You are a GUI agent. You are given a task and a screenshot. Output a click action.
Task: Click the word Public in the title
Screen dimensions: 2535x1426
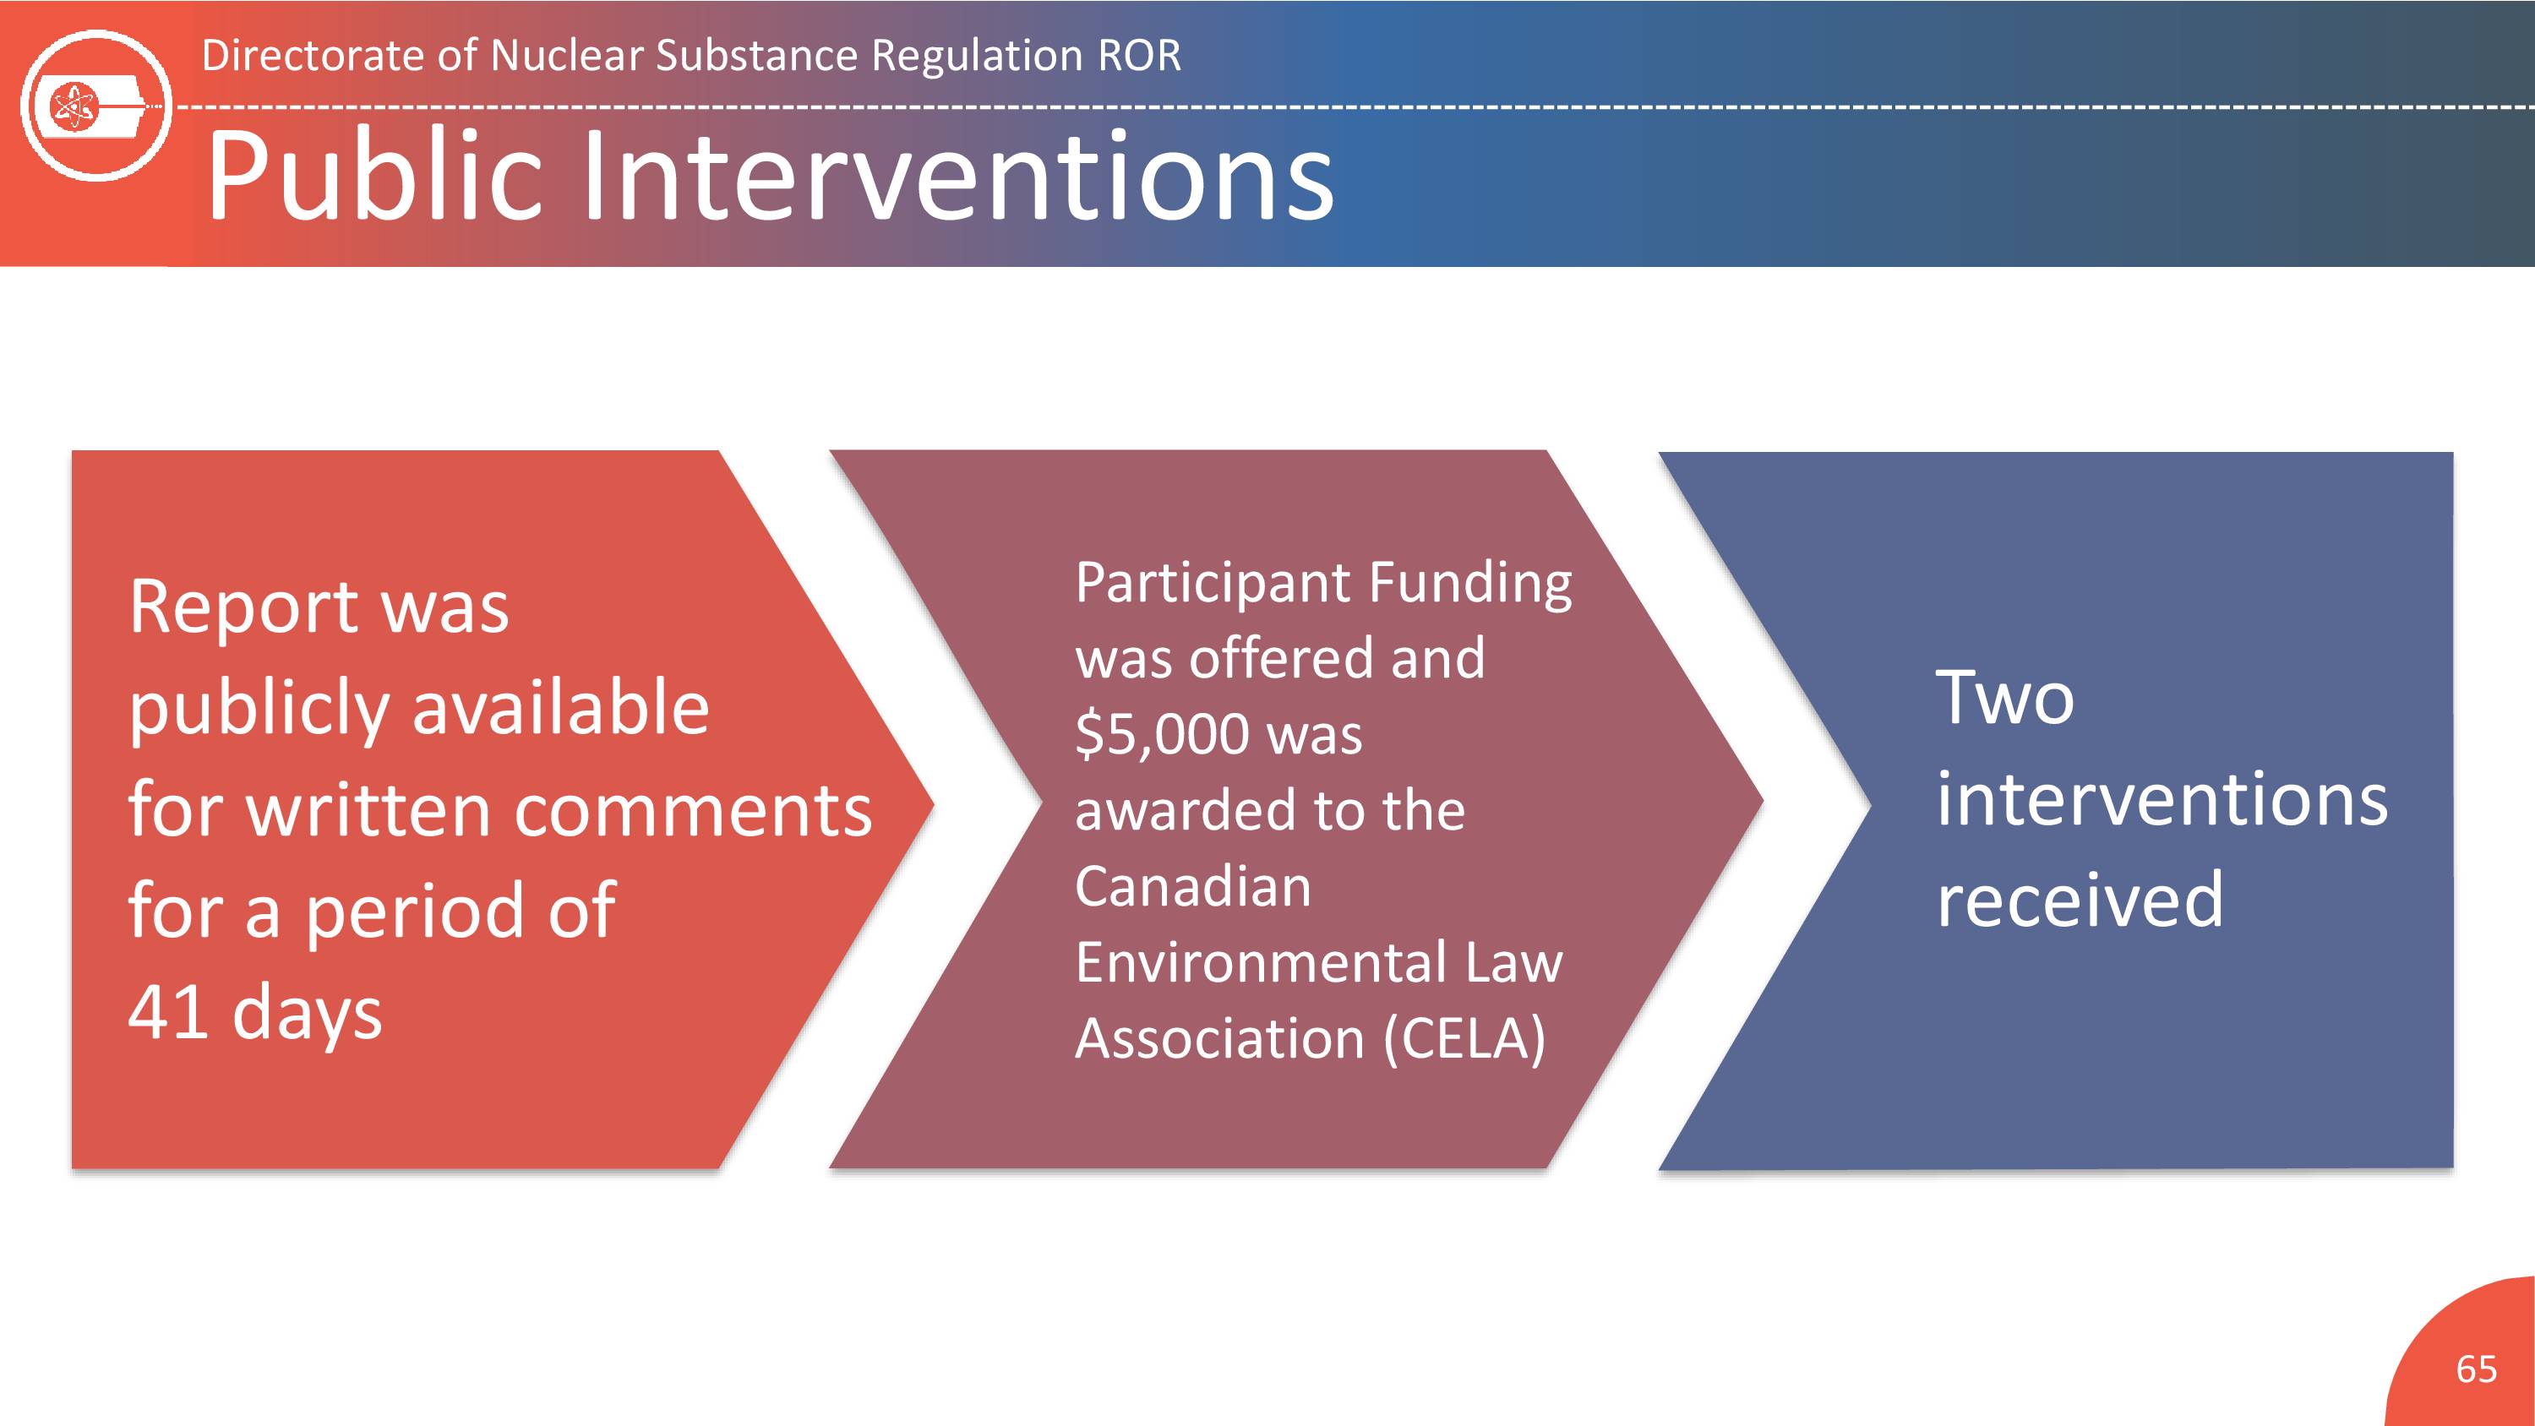[375, 177]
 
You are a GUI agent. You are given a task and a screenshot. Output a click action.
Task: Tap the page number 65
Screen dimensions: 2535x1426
[2476, 1369]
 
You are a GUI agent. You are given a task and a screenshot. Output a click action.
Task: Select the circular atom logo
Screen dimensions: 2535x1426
[95, 106]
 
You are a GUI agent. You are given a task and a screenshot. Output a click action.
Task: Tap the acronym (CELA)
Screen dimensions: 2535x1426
[1464, 1039]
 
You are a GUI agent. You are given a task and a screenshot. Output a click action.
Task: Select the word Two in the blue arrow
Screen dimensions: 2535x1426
[2004, 697]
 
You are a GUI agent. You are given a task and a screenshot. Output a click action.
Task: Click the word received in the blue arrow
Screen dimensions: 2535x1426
[2080, 899]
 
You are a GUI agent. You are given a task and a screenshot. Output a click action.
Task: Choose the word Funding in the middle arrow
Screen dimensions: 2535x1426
[1471, 584]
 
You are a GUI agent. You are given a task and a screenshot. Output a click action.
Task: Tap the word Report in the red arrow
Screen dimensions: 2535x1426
[244, 607]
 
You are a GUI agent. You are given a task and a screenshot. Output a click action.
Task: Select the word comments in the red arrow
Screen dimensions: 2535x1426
[693, 810]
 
